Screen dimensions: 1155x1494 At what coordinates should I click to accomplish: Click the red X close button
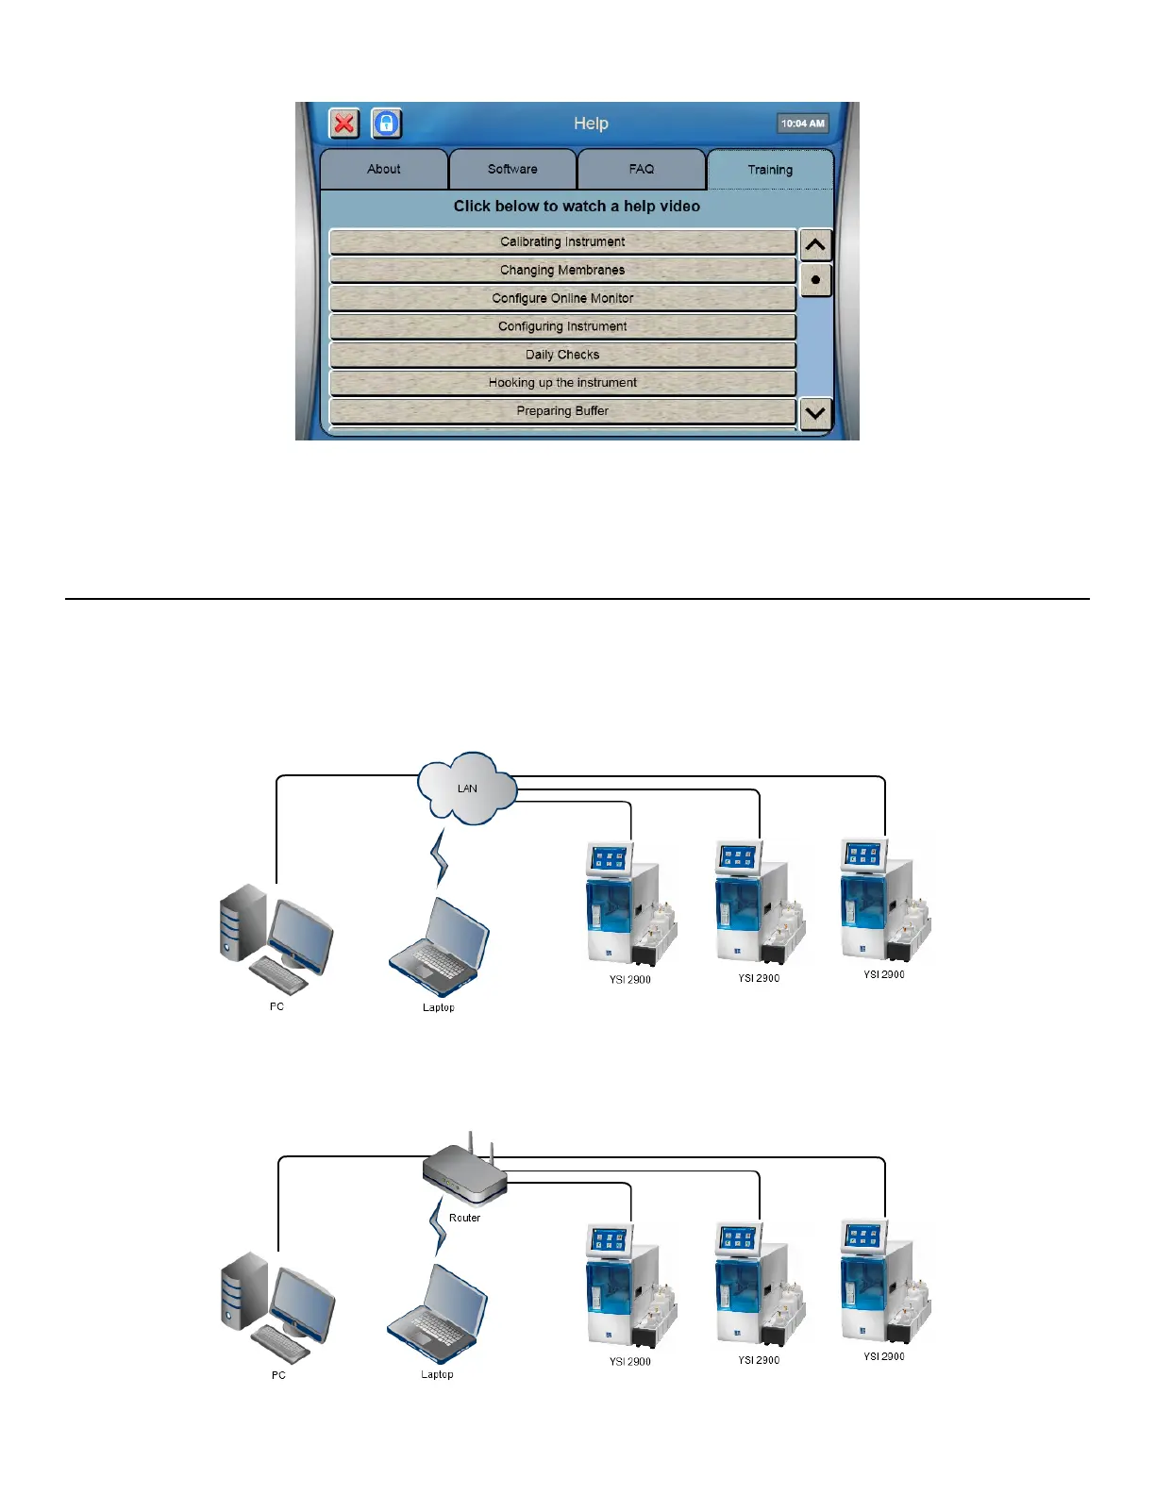tap(344, 124)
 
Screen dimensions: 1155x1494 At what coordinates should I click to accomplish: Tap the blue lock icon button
tap(387, 124)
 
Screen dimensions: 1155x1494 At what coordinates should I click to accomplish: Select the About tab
tap(384, 170)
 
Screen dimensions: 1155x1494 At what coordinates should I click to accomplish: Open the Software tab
tap(512, 170)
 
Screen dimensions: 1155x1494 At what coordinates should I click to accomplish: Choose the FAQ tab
tap(642, 170)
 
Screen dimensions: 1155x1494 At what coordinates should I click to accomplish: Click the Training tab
tap(770, 170)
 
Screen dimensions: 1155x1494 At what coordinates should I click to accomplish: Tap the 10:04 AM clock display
tap(802, 124)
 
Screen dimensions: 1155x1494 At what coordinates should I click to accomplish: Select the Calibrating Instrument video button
tap(562, 242)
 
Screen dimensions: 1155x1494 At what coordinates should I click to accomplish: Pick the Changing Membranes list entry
tap(562, 271)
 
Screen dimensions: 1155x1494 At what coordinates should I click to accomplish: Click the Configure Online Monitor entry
tap(562, 299)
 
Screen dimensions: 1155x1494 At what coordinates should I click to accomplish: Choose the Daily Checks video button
tap(562, 356)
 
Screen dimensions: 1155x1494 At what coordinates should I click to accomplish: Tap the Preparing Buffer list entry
tap(562, 411)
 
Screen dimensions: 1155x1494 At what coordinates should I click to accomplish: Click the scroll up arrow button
tap(815, 245)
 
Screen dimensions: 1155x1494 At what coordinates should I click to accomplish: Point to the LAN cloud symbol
tap(467, 788)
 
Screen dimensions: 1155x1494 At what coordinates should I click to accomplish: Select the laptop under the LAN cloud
tap(440, 948)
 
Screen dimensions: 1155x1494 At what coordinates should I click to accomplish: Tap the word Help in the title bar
tap(591, 124)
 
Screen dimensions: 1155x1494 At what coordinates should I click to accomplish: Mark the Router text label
tap(464, 1218)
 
